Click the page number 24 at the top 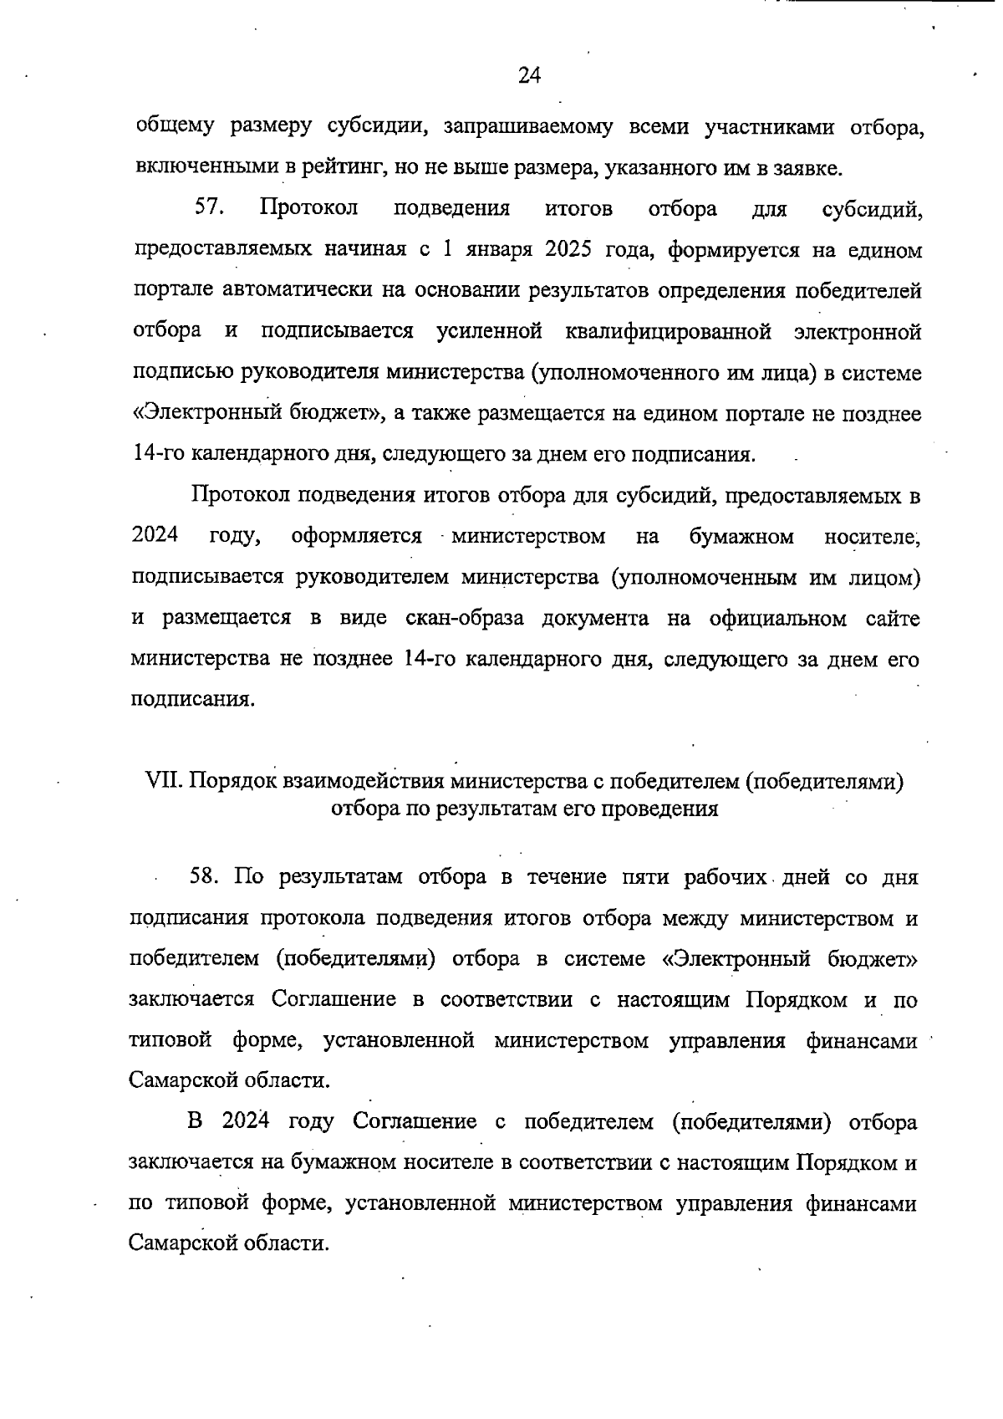tap(530, 76)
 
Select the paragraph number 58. tap(205, 877)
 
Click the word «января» tap(496, 249)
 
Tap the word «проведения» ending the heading tap(664, 809)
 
